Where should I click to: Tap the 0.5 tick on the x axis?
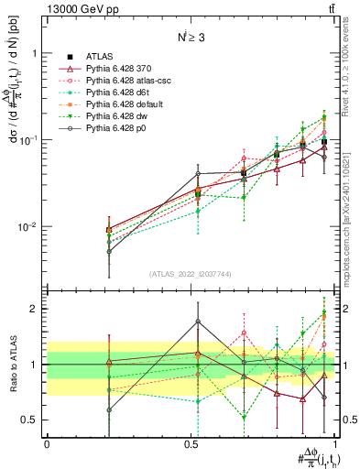point(192,442)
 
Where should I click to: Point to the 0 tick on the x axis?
point(47,442)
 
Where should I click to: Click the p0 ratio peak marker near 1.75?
point(198,322)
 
